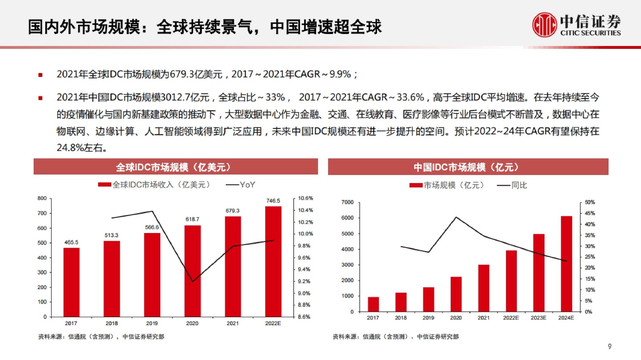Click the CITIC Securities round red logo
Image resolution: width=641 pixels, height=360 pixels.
point(544,25)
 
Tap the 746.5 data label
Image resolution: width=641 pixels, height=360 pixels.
point(273,201)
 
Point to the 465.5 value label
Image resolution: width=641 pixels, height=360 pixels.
point(71,242)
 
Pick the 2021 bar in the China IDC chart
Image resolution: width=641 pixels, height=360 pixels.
point(484,288)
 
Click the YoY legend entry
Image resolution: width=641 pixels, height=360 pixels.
point(241,185)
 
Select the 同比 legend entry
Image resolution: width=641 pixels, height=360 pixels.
point(512,185)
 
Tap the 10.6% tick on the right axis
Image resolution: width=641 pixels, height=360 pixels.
point(305,198)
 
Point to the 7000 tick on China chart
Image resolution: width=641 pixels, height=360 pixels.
point(347,202)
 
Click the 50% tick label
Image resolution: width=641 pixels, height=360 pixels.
point(590,202)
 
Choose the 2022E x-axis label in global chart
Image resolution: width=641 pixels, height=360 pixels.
point(273,323)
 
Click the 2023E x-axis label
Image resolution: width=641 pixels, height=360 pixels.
point(538,318)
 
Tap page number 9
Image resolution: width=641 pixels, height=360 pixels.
point(610,346)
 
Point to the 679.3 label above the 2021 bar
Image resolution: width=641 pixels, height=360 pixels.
point(232,211)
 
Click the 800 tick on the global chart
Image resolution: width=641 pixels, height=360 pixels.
point(42,198)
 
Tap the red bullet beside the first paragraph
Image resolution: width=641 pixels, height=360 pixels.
point(40,75)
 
